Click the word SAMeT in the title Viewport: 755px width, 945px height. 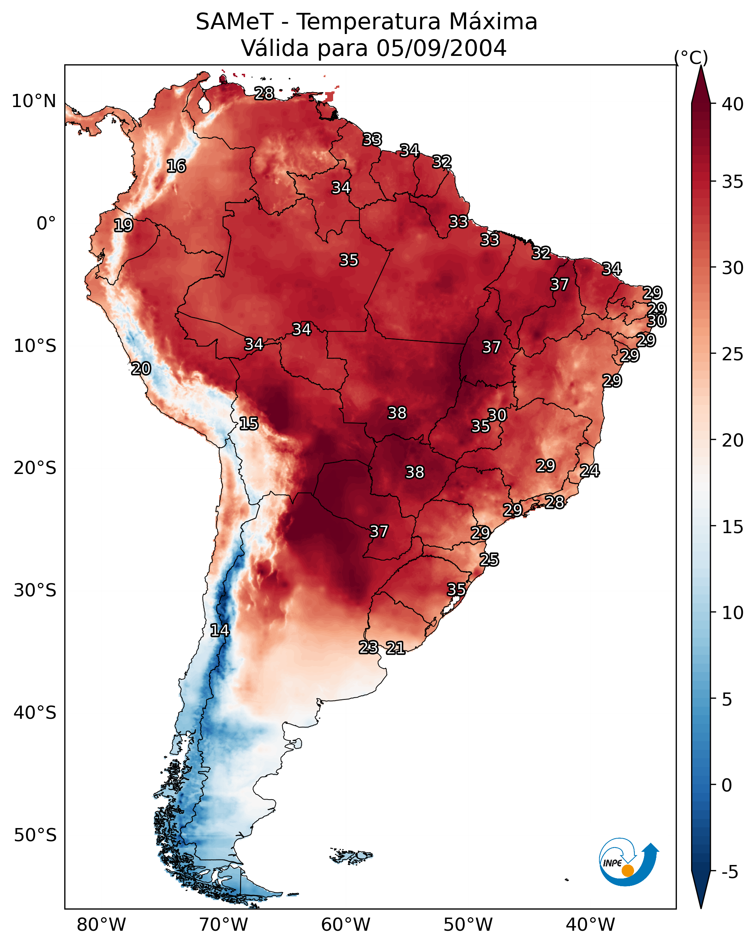tap(234, 22)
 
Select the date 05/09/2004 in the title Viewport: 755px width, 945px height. tap(441, 48)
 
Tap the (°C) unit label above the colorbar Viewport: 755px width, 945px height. tap(691, 57)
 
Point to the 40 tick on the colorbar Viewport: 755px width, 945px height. tap(732, 104)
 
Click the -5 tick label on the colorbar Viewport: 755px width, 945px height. tap(729, 872)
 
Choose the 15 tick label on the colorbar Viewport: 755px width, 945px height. tap(732, 527)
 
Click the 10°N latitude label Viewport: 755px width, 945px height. tap(34, 101)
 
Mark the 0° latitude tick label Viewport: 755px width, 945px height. tap(46, 224)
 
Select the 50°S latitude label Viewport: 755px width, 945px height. tap(35, 835)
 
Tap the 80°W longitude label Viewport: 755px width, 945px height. tap(101, 925)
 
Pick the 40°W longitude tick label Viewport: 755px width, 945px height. tap(590, 925)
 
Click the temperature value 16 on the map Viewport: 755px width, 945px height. tap(176, 166)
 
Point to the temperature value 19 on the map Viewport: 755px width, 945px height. tap(123, 225)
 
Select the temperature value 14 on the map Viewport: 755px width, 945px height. tap(220, 630)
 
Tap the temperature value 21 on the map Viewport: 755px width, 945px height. tap(395, 648)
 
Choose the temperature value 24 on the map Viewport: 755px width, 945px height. tap(590, 471)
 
